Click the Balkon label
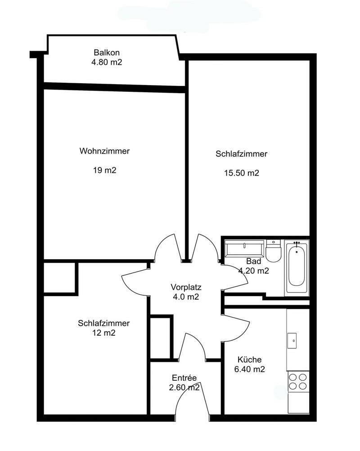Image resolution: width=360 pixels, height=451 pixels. coord(107,53)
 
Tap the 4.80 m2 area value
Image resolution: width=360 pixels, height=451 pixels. coord(107,62)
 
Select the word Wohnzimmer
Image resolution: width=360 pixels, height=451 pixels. coord(105,151)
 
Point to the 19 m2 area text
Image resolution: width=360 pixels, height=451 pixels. coord(105,170)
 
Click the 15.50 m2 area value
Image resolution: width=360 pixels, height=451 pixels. coord(242,173)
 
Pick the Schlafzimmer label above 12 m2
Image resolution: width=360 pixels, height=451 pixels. coord(104,323)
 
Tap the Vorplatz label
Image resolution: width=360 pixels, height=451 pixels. coord(186,287)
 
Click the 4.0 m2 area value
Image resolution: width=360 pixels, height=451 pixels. coord(186,297)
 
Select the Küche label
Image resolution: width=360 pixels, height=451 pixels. coord(250,360)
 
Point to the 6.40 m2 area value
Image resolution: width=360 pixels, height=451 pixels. coord(250,370)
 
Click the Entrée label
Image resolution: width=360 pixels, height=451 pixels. coord(184,378)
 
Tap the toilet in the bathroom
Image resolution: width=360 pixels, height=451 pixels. coord(273,251)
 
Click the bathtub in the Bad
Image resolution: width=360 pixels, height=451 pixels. coord(297,268)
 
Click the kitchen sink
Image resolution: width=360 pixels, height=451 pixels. coord(292,341)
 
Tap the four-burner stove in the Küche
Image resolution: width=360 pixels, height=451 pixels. coord(298,382)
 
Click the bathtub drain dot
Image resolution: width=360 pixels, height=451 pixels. coord(297,252)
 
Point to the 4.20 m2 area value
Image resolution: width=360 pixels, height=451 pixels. coord(254,271)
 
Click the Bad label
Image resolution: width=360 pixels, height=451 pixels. coord(254,261)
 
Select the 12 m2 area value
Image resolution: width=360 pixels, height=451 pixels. coord(104,333)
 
